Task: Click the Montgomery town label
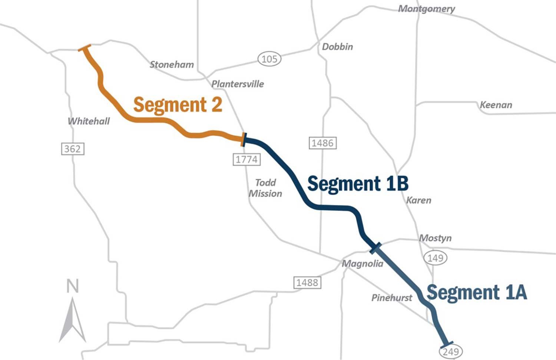click(x=426, y=9)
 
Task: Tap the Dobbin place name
click(x=337, y=47)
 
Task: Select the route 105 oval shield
click(x=269, y=59)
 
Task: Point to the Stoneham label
click(x=172, y=65)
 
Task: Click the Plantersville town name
click(x=238, y=84)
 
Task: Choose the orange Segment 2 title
click(x=178, y=105)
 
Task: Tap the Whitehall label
click(x=89, y=121)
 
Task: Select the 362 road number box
click(x=73, y=149)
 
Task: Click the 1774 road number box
click(x=246, y=159)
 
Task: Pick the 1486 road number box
click(x=322, y=143)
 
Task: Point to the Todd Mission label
click(x=265, y=188)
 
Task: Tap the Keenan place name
click(x=496, y=105)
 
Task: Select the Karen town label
click(x=419, y=200)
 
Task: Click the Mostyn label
click(x=435, y=238)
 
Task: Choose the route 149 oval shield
click(x=435, y=258)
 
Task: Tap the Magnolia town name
click(x=362, y=264)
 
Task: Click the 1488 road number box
click(x=307, y=283)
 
